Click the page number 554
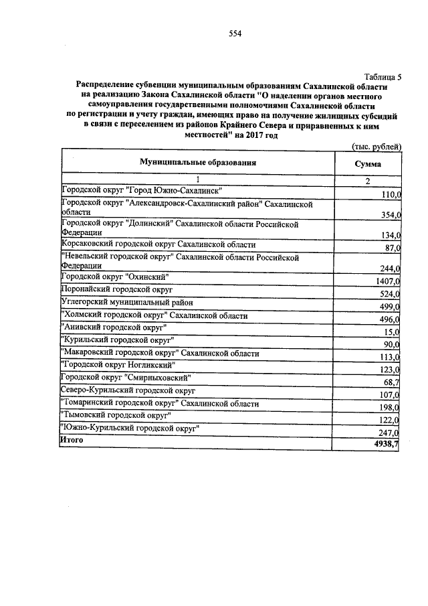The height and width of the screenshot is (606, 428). point(234,34)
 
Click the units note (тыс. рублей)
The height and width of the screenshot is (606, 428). point(376,147)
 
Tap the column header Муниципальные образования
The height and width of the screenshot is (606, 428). point(198,163)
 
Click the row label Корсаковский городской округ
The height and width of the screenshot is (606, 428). point(158,245)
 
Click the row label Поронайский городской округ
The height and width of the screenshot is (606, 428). point(117,290)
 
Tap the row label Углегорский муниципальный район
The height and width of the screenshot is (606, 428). point(123,303)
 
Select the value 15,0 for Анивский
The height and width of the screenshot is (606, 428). point(391,331)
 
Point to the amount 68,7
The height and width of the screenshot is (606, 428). point(391,381)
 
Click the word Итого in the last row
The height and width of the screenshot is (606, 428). point(72,440)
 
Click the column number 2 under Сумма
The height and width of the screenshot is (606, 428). point(367,181)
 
